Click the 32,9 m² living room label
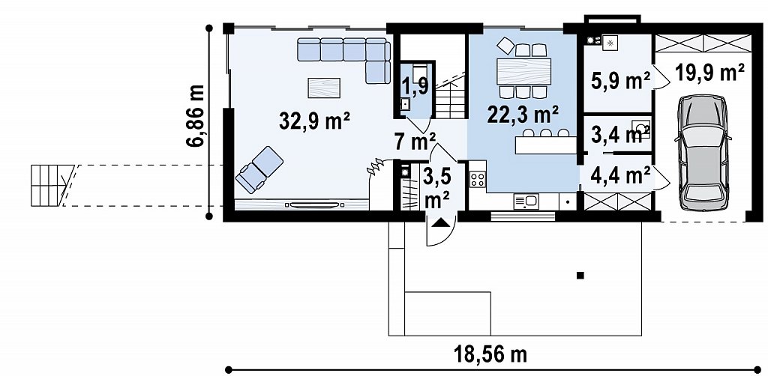point(314,121)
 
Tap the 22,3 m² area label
point(523,116)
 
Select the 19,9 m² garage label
point(709,73)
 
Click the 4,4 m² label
point(620,175)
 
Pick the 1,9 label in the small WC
point(415,85)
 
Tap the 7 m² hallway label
point(415,143)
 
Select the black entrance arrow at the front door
point(440,223)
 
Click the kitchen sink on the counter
point(526,200)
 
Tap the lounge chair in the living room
point(259,169)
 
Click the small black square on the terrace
point(580,276)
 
